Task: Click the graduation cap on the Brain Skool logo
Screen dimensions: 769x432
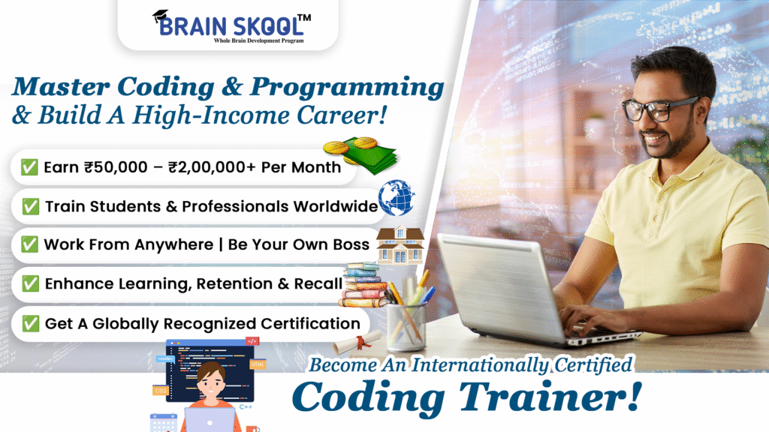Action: coord(161,16)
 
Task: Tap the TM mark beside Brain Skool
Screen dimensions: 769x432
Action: coord(304,18)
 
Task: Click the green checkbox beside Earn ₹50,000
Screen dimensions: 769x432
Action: coord(29,167)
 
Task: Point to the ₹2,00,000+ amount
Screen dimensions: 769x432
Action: coord(212,167)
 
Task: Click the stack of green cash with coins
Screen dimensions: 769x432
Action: coord(361,154)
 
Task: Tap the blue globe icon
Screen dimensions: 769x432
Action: coord(397,198)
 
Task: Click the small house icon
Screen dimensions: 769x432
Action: coord(400,245)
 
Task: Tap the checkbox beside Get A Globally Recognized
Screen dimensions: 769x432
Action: coord(30,323)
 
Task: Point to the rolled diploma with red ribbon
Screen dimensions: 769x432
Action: coord(357,342)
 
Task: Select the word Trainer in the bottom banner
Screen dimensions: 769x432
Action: coord(550,396)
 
